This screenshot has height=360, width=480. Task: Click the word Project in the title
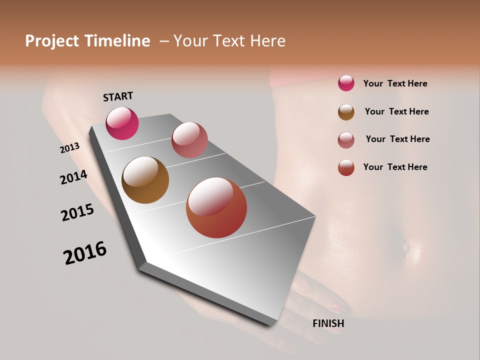(x=52, y=41)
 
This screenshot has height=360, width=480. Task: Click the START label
(x=118, y=96)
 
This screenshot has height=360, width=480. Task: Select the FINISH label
(x=328, y=323)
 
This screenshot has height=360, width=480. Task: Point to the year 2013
(x=69, y=148)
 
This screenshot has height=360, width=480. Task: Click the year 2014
(x=73, y=177)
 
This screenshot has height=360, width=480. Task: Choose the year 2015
(x=77, y=212)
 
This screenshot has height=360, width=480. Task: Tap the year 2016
(x=85, y=253)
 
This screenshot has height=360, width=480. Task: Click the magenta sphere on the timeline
(x=122, y=123)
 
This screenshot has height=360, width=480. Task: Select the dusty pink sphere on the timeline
(x=189, y=140)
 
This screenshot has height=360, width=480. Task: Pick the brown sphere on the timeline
(x=145, y=180)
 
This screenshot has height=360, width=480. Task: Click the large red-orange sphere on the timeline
(x=216, y=207)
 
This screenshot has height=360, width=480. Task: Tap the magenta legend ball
(x=346, y=83)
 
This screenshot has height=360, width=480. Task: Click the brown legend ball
(x=346, y=112)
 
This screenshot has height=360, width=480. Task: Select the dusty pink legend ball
(x=346, y=140)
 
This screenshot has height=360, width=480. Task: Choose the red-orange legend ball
(x=346, y=167)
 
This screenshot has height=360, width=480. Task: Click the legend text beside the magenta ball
(x=395, y=83)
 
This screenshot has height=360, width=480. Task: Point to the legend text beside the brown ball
(x=396, y=111)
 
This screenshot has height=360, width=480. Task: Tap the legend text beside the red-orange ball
(x=395, y=167)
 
